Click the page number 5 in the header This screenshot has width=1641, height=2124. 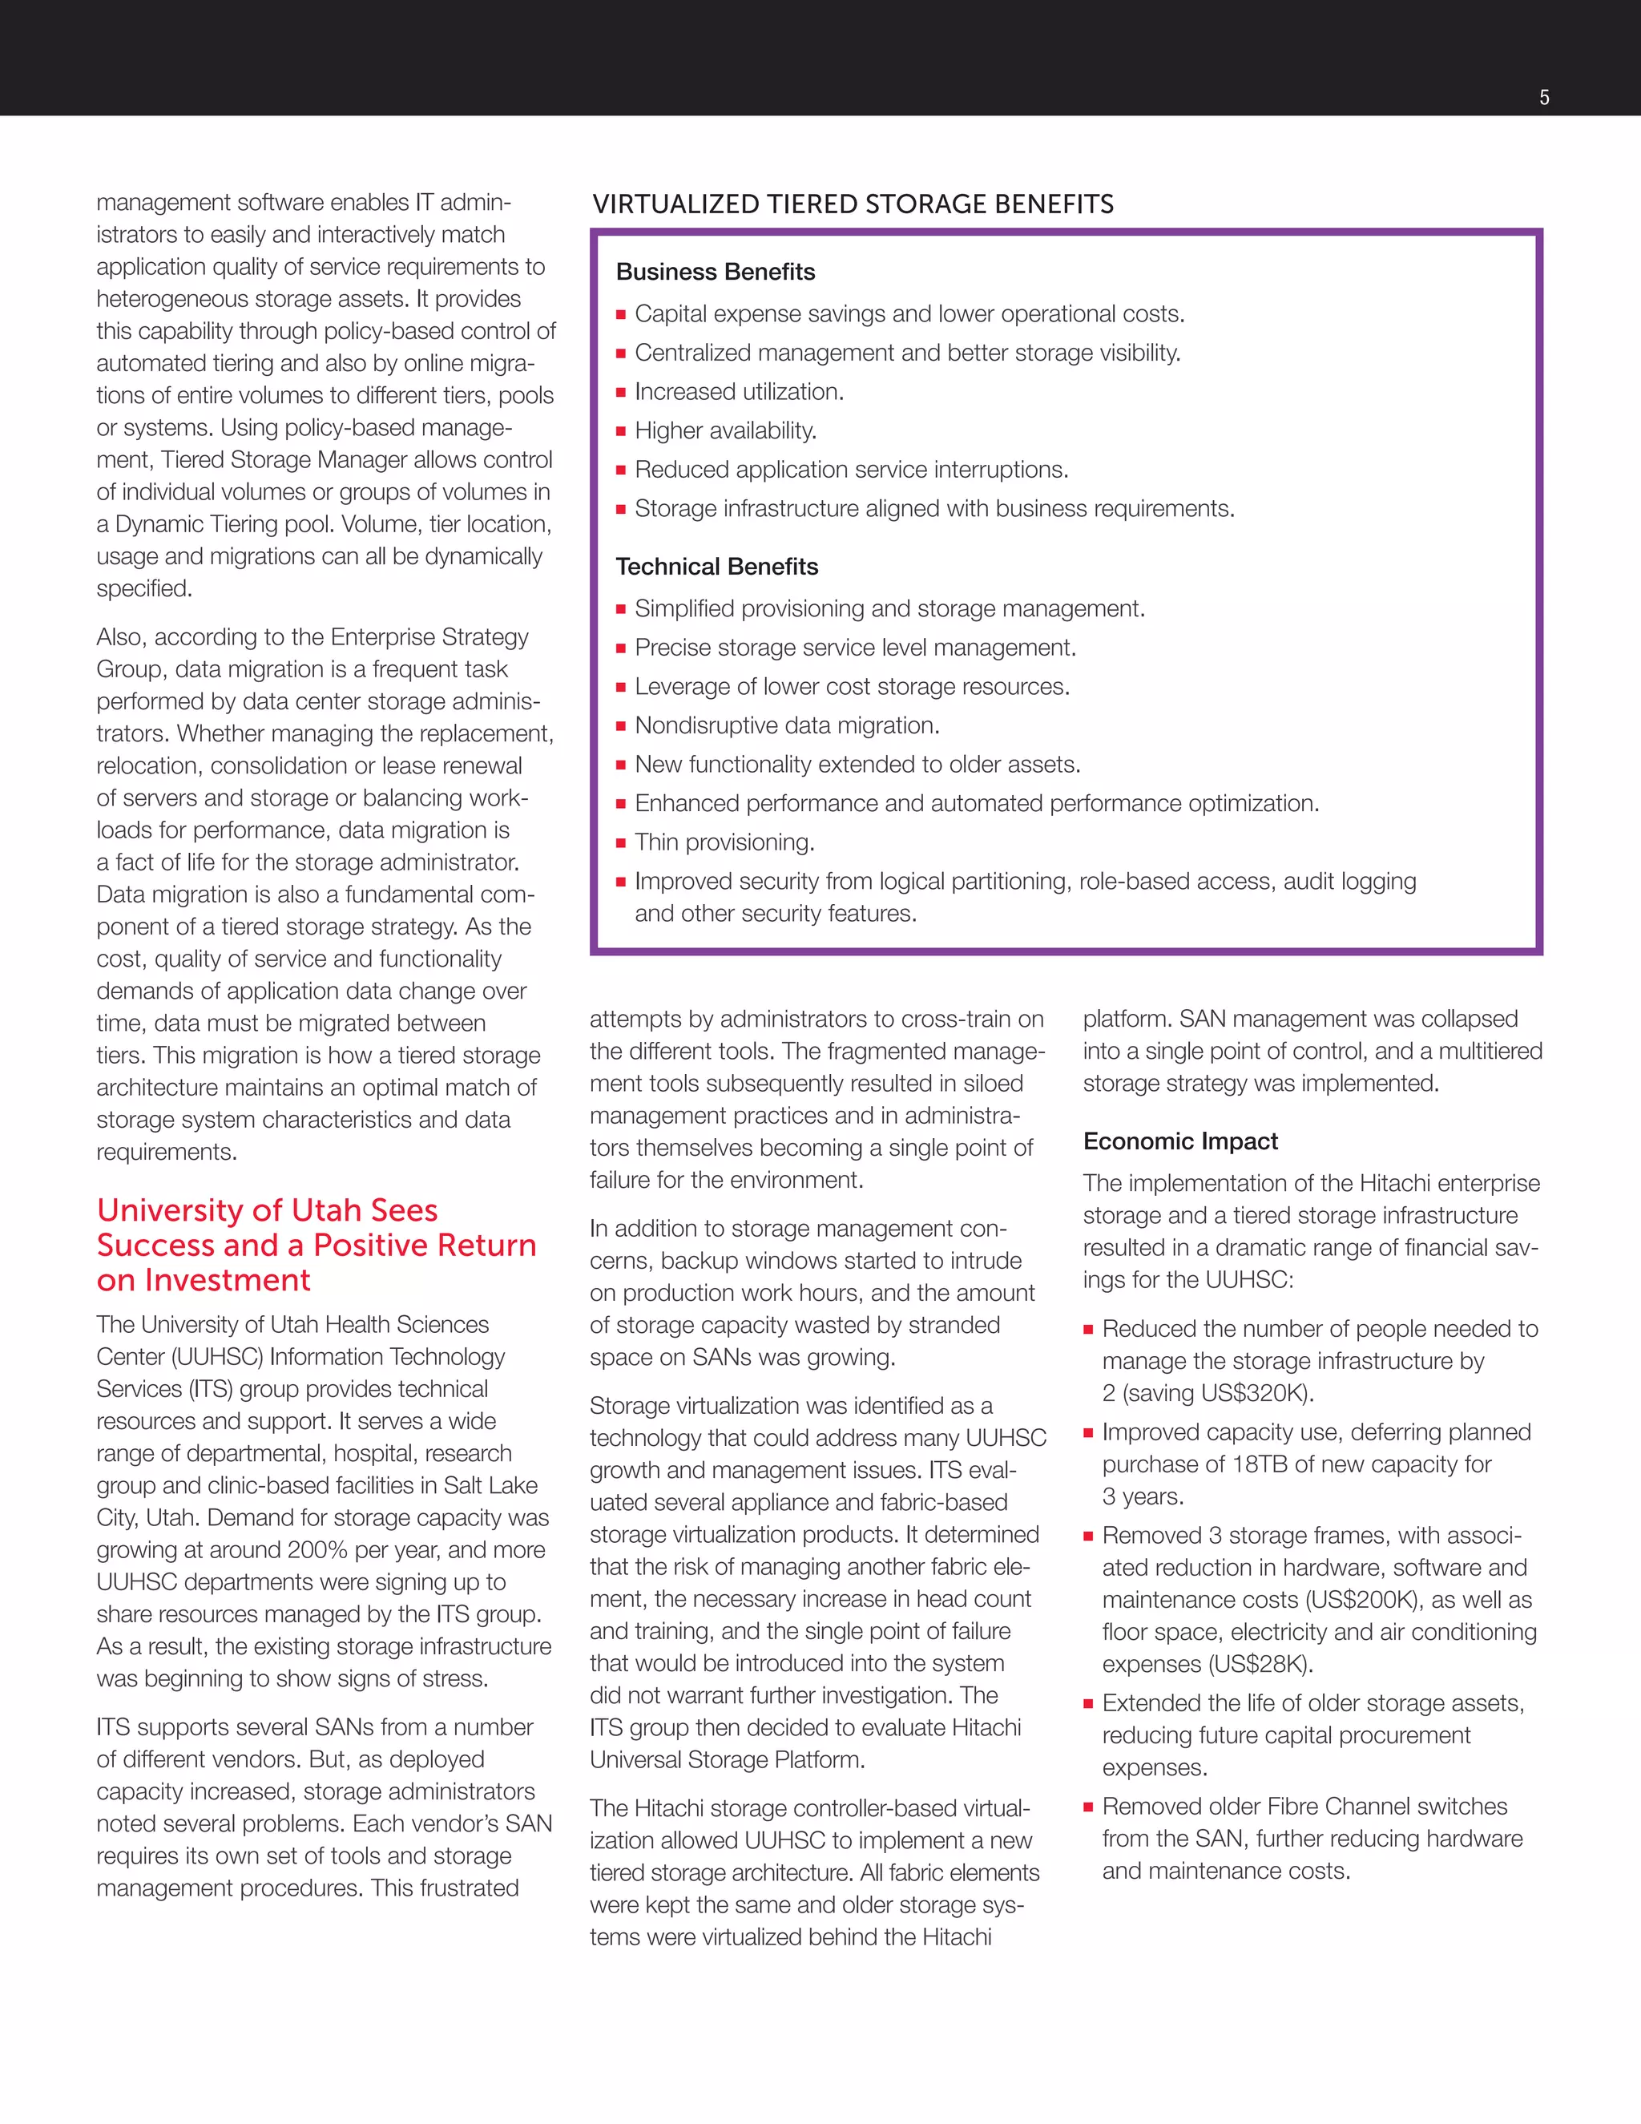(x=1544, y=97)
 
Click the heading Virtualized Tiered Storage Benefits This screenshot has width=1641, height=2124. (x=853, y=204)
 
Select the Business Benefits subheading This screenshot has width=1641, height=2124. (x=715, y=273)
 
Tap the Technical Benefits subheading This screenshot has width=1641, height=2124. (x=716, y=567)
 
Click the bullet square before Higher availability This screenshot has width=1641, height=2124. (x=620, y=432)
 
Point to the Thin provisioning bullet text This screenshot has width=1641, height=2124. (x=724, y=842)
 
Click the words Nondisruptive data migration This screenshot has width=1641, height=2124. (x=787, y=725)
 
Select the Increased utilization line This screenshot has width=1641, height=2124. (x=738, y=392)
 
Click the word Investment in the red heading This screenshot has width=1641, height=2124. (x=228, y=1281)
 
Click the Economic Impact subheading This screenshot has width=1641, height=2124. (x=1180, y=1141)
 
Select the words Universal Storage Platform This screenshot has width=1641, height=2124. (x=726, y=1760)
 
